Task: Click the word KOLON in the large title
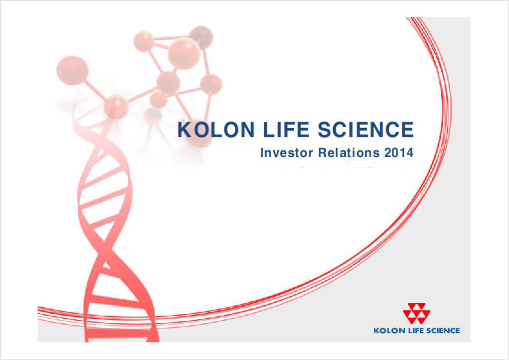[x=216, y=129]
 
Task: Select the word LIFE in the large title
[x=286, y=129]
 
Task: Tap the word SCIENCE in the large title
[x=366, y=129]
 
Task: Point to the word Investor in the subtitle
[x=287, y=153]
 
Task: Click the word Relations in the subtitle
[x=349, y=153]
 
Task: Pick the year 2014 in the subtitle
[x=399, y=153]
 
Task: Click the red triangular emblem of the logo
[x=417, y=313]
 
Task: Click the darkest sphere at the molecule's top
[x=201, y=37]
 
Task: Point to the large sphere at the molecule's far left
[x=72, y=70]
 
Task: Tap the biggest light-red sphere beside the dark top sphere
[x=184, y=53]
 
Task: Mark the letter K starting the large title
[x=185, y=129]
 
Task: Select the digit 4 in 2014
[x=409, y=153]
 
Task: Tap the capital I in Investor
[x=262, y=153]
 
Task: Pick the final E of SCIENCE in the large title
[x=407, y=129]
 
